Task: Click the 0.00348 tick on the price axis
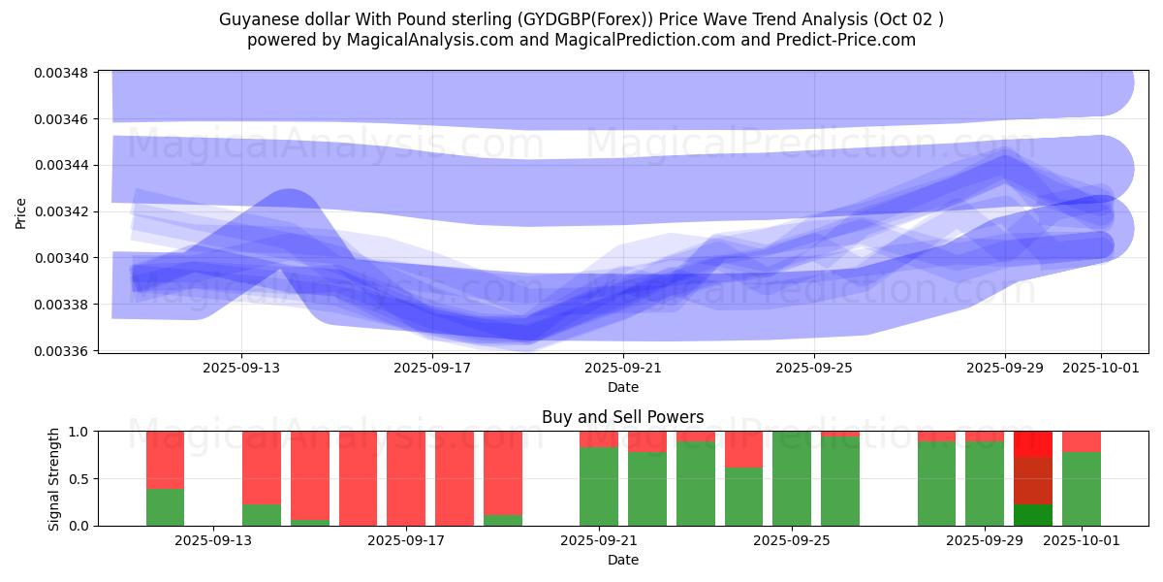pyautogui.click(x=62, y=73)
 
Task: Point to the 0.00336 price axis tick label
pyautogui.click(x=62, y=351)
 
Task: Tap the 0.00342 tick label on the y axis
pyautogui.click(x=62, y=211)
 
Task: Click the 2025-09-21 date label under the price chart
pyautogui.click(x=623, y=368)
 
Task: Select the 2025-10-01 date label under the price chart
pyautogui.click(x=1101, y=368)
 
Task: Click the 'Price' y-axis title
pyautogui.click(x=21, y=211)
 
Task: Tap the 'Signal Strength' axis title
pyautogui.click(x=54, y=478)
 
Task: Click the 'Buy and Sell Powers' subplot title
pyautogui.click(x=622, y=417)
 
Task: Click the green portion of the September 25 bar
pyautogui.click(x=792, y=478)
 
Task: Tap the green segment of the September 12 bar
pyautogui.click(x=166, y=507)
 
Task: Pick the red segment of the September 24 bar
pyautogui.click(x=743, y=449)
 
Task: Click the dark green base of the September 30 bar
pyautogui.click(x=1033, y=515)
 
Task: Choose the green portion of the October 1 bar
pyautogui.click(x=1082, y=489)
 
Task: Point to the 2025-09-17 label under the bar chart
pyautogui.click(x=407, y=540)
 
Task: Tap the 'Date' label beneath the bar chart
pyautogui.click(x=622, y=560)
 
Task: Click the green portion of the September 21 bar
pyautogui.click(x=599, y=486)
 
